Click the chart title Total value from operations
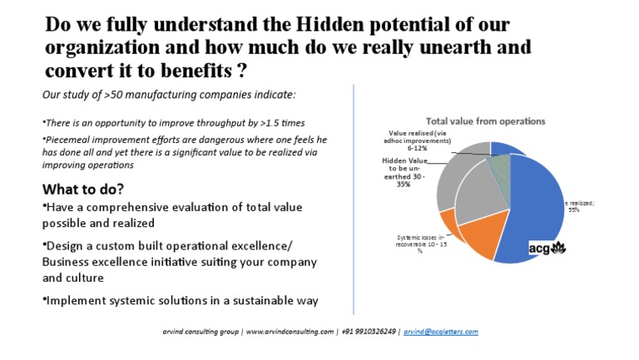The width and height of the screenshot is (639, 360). (x=485, y=121)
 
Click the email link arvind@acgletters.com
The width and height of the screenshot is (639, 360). (x=441, y=332)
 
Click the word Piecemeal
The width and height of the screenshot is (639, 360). (x=68, y=139)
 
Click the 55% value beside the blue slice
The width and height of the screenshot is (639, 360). (x=574, y=210)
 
